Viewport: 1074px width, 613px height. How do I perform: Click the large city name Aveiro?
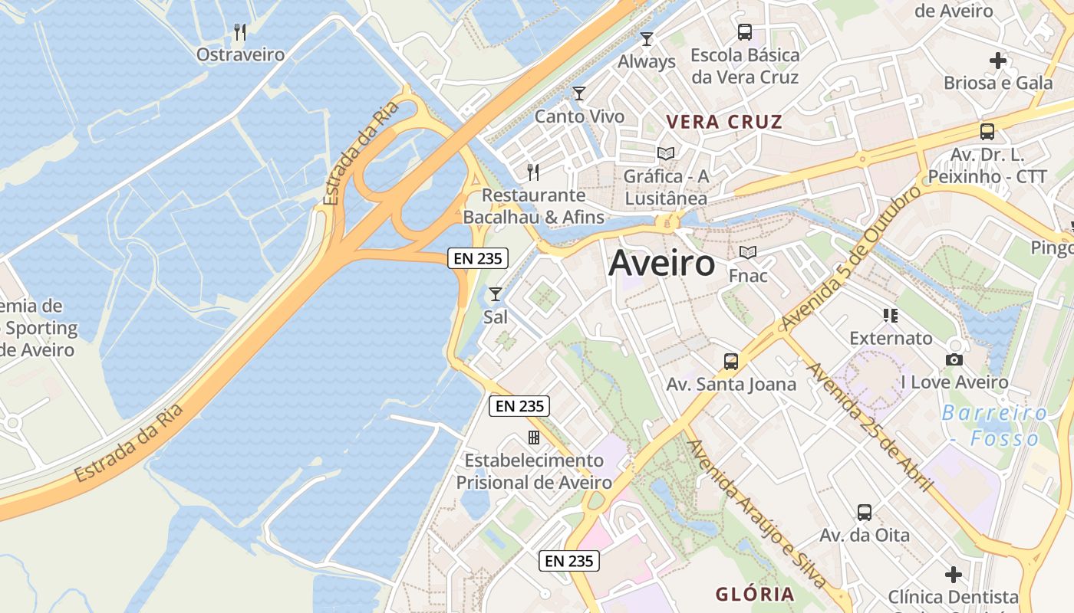coord(661,264)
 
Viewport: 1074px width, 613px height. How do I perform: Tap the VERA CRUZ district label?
coord(724,122)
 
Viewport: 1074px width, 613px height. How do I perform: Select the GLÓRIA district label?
coord(755,594)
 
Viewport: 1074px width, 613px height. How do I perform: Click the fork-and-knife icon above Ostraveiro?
coord(240,32)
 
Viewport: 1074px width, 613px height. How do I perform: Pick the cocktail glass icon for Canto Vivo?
coord(579,93)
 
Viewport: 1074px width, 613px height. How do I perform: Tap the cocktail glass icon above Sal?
coord(496,293)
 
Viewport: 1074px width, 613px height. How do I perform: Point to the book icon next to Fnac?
coord(747,252)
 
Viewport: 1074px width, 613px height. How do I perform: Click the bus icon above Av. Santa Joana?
coord(731,361)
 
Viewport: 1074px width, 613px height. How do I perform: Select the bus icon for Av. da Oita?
coord(865,513)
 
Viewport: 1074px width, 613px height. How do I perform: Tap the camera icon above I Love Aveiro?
coord(954,359)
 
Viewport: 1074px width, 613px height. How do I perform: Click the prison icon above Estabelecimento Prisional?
coord(534,438)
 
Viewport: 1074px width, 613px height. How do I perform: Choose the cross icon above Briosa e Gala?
coord(997,60)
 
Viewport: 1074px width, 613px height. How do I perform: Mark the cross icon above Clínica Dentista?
coord(954,574)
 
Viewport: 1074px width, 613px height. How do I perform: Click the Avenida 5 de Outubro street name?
coord(851,258)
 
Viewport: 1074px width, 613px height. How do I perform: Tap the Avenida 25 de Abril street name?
coord(869,426)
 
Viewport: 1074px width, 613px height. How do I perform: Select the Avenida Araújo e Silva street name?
coord(756,513)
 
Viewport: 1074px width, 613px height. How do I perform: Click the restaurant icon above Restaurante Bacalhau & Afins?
coord(533,172)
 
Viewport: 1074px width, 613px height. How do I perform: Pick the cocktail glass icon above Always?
coord(647,38)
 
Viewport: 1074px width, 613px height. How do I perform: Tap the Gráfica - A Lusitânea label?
coord(666,187)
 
